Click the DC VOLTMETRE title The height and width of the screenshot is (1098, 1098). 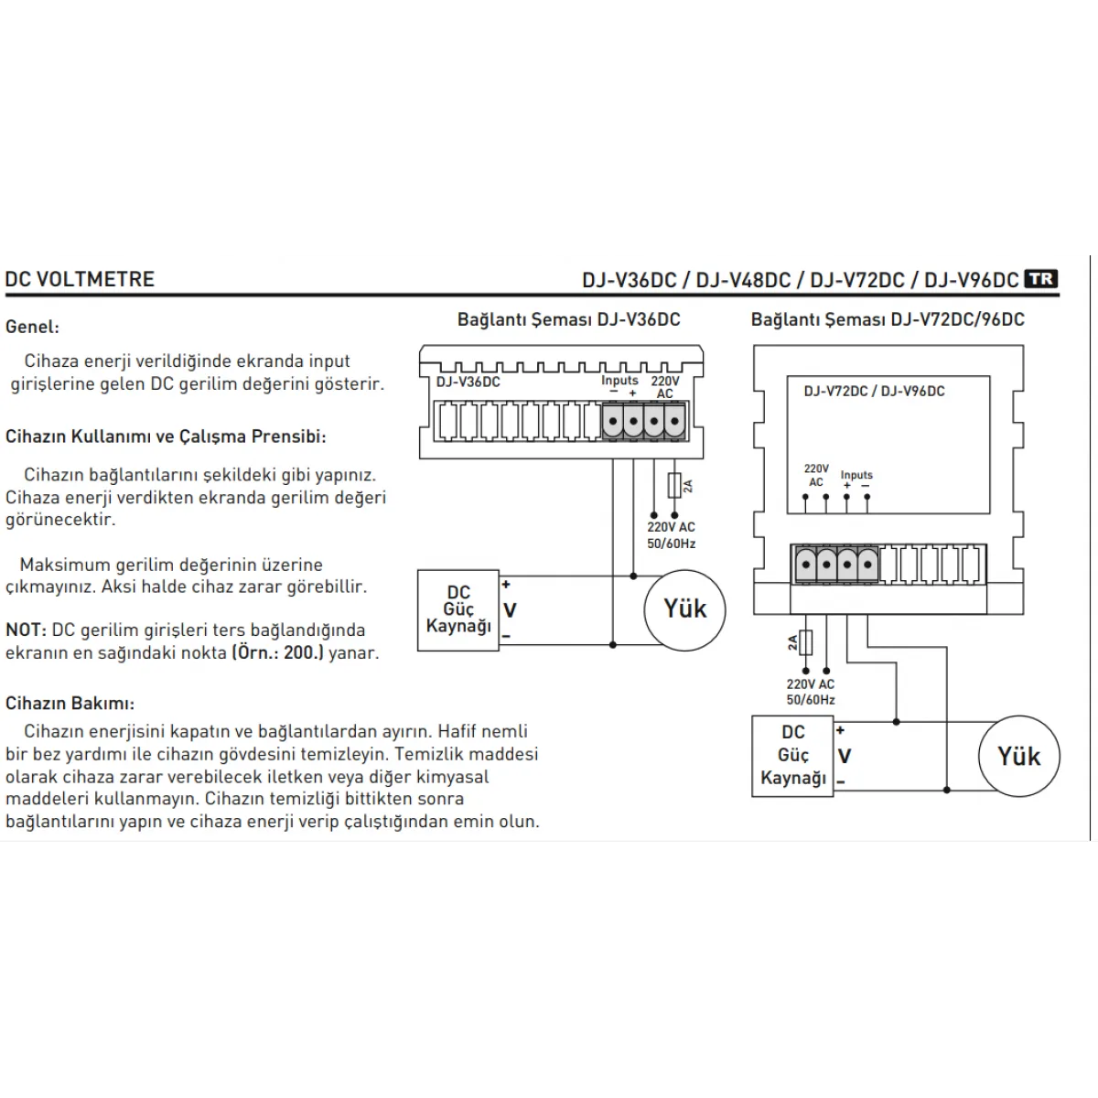click(80, 279)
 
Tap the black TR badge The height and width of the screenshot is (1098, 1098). click(1040, 279)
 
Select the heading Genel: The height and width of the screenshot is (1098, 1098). click(32, 327)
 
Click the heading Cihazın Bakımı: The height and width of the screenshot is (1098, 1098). click(70, 704)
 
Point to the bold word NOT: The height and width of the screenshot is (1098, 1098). click(26, 630)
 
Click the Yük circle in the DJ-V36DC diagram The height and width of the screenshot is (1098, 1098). click(684, 609)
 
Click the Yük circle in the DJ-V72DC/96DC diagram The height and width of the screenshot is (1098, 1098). click(1018, 757)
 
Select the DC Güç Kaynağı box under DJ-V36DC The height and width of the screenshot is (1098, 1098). click(458, 610)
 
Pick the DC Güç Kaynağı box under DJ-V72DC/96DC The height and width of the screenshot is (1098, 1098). click(792, 756)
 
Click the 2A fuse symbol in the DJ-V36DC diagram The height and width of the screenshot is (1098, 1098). click(674, 485)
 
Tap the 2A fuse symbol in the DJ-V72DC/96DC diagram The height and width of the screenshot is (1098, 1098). click(806, 642)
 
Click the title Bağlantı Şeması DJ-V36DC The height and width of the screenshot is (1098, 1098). click(568, 319)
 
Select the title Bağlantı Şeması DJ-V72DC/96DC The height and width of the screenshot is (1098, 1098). click(888, 319)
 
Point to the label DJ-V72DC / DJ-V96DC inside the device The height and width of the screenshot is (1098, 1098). click(874, 391)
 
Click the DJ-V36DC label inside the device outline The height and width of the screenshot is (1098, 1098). click(468, 382)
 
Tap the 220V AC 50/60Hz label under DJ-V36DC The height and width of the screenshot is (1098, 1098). click(671, 535)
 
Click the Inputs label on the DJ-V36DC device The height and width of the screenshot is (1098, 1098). click(619, 381)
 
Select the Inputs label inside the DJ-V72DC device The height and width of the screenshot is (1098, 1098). click(856, 475)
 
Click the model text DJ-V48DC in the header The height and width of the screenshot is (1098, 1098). click(743, 280)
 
